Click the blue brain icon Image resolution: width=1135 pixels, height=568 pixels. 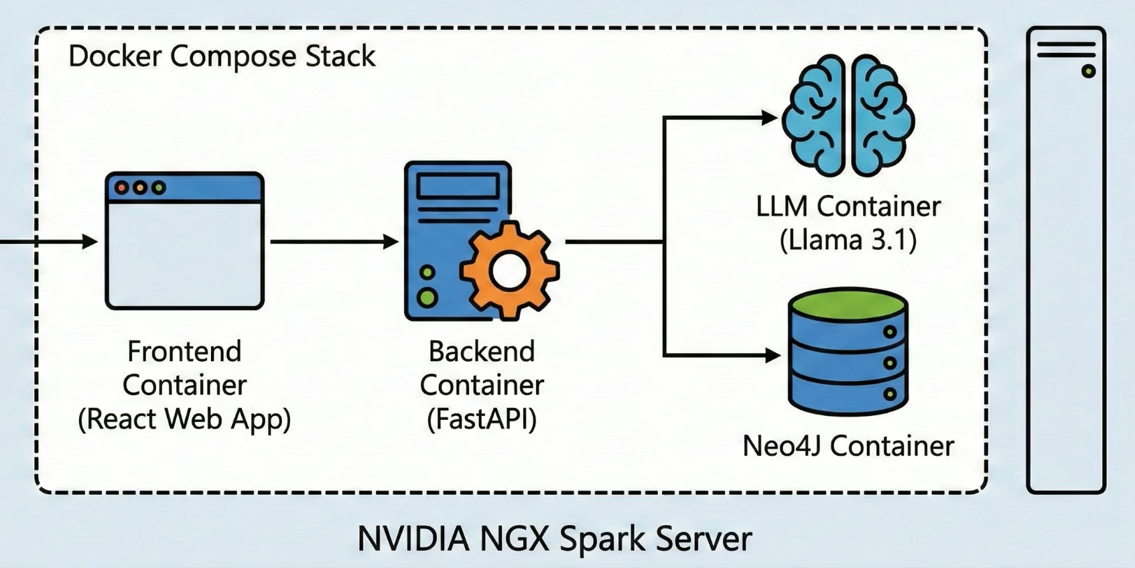849,115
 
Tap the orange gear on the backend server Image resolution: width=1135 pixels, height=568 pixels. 509,271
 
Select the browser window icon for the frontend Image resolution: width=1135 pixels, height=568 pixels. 184,241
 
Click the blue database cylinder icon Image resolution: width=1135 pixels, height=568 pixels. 848,352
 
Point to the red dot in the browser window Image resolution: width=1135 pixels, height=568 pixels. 121,188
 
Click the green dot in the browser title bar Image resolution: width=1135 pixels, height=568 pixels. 158,188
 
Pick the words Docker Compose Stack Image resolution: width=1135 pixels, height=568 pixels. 222,56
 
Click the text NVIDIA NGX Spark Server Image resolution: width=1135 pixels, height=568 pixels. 554,539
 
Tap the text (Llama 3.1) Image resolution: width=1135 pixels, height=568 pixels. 848,240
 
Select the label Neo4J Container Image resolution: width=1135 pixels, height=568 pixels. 848,446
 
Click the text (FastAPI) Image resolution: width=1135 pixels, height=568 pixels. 482,419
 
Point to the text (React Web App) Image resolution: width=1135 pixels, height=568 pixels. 184,419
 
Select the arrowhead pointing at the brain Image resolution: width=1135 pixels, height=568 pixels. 769,118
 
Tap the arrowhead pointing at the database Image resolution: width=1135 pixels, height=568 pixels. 773,355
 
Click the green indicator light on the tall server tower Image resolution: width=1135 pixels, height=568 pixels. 1089,71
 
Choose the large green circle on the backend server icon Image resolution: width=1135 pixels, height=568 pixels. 427,297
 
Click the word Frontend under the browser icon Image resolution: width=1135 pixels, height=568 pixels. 184,352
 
